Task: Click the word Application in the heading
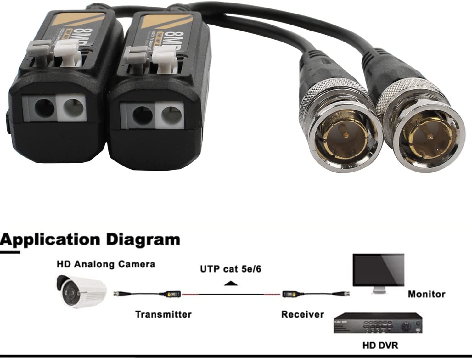(x=50, y=240)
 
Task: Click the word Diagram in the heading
(x=143, y=240)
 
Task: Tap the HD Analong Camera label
(x=106, y=264)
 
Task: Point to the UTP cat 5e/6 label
(x=231, y=269)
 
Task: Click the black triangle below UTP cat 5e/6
(x=231, y=284)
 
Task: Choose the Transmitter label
(x=163, y=314)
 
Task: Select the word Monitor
(x=426, y=294)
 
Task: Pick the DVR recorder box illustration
(x=378, y=323)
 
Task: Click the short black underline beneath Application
(x=10, y=252)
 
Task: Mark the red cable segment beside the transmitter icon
(x=190, y=295)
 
